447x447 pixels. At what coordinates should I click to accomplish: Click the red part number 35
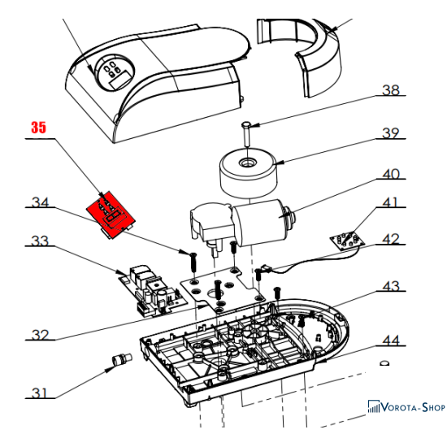click(x=38, y=127)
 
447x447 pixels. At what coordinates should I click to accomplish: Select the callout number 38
click(x=391, y=90)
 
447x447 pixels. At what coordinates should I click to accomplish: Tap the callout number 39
click(x=391, y=133)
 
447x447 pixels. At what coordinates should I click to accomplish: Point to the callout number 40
click(x=391, y=174)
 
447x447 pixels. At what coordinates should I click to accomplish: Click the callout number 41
click(x=390, y=202)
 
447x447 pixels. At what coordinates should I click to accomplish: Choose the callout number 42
click(x=391, y=239)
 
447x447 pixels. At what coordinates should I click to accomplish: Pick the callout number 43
click(x=391, y=286)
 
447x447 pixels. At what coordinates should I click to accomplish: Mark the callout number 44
click(x=391, y=341)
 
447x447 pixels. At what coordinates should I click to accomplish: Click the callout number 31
click(x=39, y=393)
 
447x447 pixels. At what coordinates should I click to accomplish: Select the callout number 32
click(x=40, y=335)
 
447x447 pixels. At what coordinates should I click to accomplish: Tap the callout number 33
click(x=40, y=241)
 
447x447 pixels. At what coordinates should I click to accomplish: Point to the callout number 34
click(x=40, y=202)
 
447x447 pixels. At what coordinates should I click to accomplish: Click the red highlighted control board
click(x=111, y=215)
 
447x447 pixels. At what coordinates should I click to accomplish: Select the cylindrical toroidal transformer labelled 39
click(x=249, y=174)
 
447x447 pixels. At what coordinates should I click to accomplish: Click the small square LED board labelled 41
click(x=348, y=240)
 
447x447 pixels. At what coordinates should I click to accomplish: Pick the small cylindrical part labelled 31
click(x=122, y=358)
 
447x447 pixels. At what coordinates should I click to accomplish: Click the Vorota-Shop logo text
click(x=407, y=407)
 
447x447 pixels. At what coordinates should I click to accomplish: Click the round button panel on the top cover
click(x=115, y=72)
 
